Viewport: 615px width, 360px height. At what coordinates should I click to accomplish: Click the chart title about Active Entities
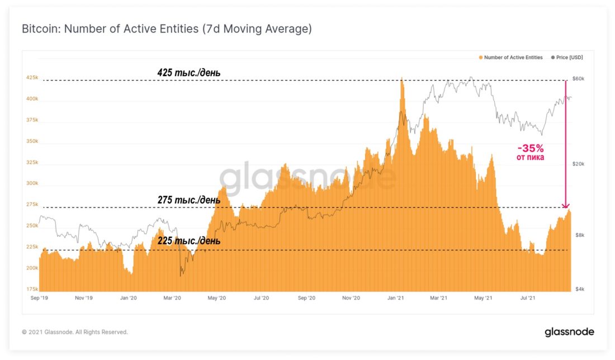[x=167, y=29]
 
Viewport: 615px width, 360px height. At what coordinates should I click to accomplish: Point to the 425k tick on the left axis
[x=32, y=78]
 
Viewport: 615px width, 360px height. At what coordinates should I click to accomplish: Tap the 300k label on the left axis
[x=32, y=183]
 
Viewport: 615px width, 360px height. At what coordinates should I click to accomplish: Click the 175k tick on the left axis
[x=32, y=289]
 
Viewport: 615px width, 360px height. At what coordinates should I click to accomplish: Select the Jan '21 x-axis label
[x=396, y=299]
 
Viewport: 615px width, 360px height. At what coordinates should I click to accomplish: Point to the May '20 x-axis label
[x=216, y=299]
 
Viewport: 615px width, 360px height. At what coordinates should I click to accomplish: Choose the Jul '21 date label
[x=527, y=299]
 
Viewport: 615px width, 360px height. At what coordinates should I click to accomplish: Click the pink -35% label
[x=531, y=149]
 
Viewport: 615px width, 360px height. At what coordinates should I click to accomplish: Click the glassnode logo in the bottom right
[x=569, y=332]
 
